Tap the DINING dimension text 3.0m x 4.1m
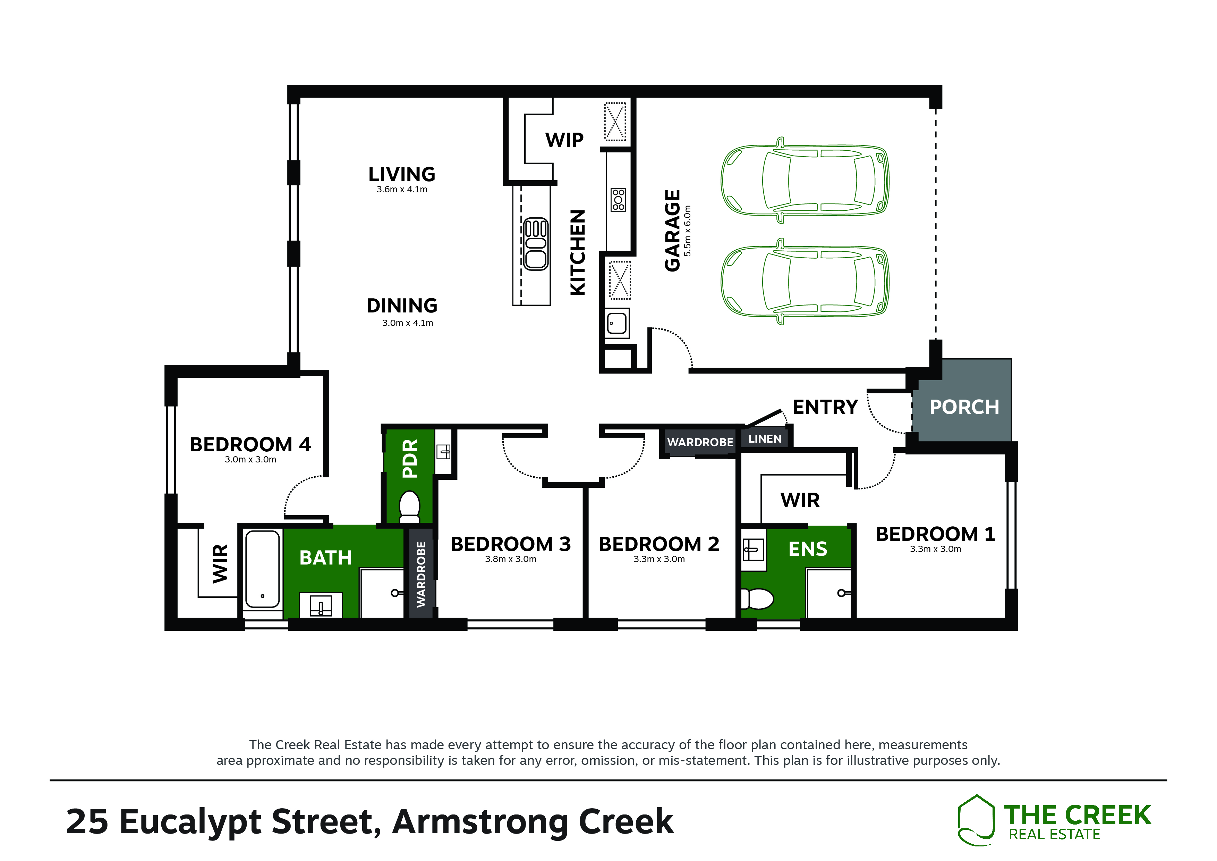408,323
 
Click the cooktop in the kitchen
618,200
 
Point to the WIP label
564,140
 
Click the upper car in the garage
805,181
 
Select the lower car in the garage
805,281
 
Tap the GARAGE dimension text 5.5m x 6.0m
688,231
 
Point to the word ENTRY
825,407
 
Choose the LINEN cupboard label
764,439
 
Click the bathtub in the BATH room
262,569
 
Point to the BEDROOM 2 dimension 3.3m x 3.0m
659,559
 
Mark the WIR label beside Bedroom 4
220,563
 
